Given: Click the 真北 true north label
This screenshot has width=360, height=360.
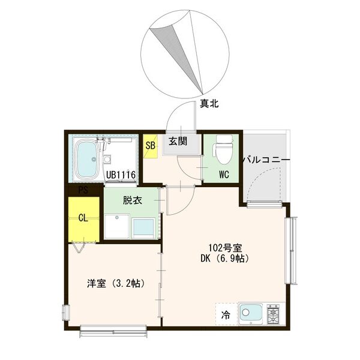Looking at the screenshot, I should (x=209, y=104).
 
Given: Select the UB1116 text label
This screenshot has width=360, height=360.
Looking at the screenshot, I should (x=122, y=175).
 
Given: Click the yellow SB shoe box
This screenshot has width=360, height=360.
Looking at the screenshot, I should (x=151, y=145).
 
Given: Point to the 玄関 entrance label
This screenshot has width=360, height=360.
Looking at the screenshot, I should (x=177, y=142).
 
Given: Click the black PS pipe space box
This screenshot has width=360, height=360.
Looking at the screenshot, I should (x=84, y=191).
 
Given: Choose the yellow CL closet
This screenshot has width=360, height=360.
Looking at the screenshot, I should (x=83, y=218).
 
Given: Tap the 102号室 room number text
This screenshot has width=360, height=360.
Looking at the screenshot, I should (x=225, y=248).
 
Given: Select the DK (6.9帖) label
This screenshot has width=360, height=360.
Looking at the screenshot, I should (x=224, y=259).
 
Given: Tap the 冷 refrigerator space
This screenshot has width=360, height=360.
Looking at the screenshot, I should (x=226, y=313).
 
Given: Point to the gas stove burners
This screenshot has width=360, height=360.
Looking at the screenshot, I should (x=275, y=313).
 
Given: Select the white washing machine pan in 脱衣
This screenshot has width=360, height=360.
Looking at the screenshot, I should (x=117, y=227).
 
